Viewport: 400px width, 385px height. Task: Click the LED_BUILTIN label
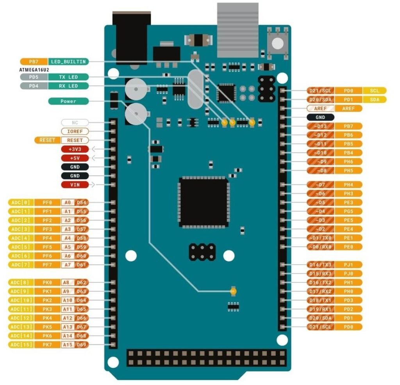pos(68,62)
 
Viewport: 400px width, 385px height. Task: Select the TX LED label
pos(68,77)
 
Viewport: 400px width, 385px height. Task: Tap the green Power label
pos(68,101)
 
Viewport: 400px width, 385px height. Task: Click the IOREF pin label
pos(75,131)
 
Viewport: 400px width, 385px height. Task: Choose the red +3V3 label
pos(75,149)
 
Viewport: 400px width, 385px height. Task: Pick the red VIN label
pos(75,185)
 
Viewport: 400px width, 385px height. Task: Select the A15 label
pos(67,345)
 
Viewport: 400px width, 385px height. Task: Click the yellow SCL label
pos(374,90)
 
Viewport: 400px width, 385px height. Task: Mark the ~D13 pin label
pos(320,126)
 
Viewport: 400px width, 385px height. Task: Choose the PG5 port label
pos(348,211)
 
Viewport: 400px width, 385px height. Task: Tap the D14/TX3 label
pos(320,264)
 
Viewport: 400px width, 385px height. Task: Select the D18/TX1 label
pos(320,300)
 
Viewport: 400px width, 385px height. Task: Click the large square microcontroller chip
pos(204,202)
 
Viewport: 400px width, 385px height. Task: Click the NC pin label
pos(75,122)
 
